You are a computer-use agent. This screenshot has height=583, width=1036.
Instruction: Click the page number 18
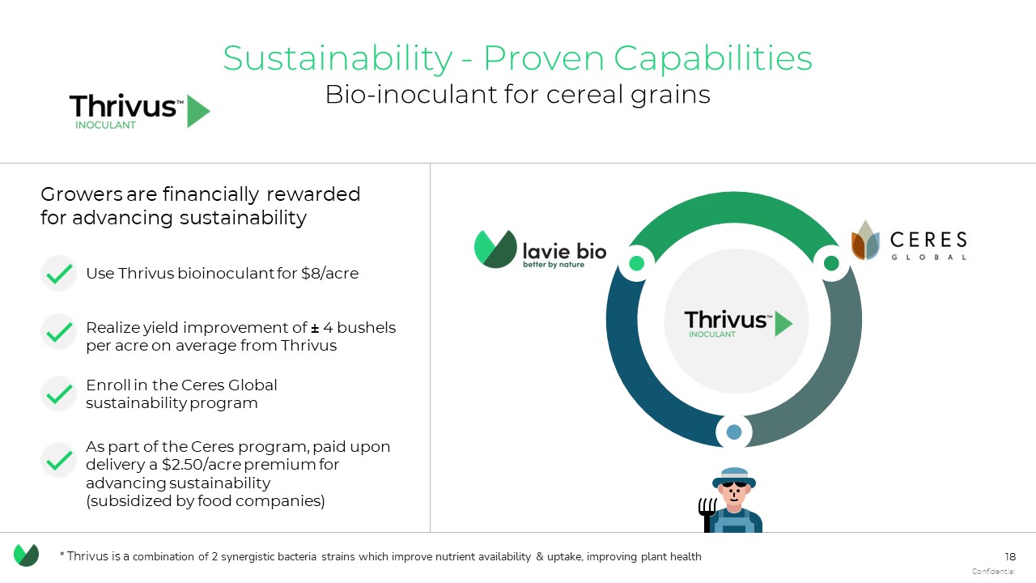pos(1009,556)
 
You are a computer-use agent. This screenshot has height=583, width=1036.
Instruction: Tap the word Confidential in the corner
pos(993,572)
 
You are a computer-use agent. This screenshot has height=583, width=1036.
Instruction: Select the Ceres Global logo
pos(908,240)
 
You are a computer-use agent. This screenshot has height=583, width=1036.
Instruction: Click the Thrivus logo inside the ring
pos(738,322)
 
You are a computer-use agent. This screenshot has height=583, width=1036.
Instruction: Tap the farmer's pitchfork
pos(707,514)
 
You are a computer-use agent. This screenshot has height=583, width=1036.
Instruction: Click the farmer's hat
pos(734,477)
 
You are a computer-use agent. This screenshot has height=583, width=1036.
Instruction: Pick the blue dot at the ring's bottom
pos(734,432)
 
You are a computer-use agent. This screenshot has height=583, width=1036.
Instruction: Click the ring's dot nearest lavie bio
pos(637,263)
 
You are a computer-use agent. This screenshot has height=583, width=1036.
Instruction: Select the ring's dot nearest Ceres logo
pos(831,263)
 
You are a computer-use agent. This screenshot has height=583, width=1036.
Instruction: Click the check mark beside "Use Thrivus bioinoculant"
pos(59,274)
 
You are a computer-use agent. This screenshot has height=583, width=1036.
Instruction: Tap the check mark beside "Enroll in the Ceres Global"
pos(59,394)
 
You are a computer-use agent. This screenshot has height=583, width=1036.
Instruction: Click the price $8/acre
pos(329,274)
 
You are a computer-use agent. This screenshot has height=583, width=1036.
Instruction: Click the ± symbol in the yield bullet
pos(315,328)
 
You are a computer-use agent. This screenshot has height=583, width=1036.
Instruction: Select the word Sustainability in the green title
pos(338,59)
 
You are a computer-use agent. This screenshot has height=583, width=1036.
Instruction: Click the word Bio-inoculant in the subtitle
pos(412,95)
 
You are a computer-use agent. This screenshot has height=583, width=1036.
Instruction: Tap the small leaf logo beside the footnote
pos(27,555)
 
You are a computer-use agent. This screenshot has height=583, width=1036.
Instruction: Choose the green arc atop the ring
pos(734,207)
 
